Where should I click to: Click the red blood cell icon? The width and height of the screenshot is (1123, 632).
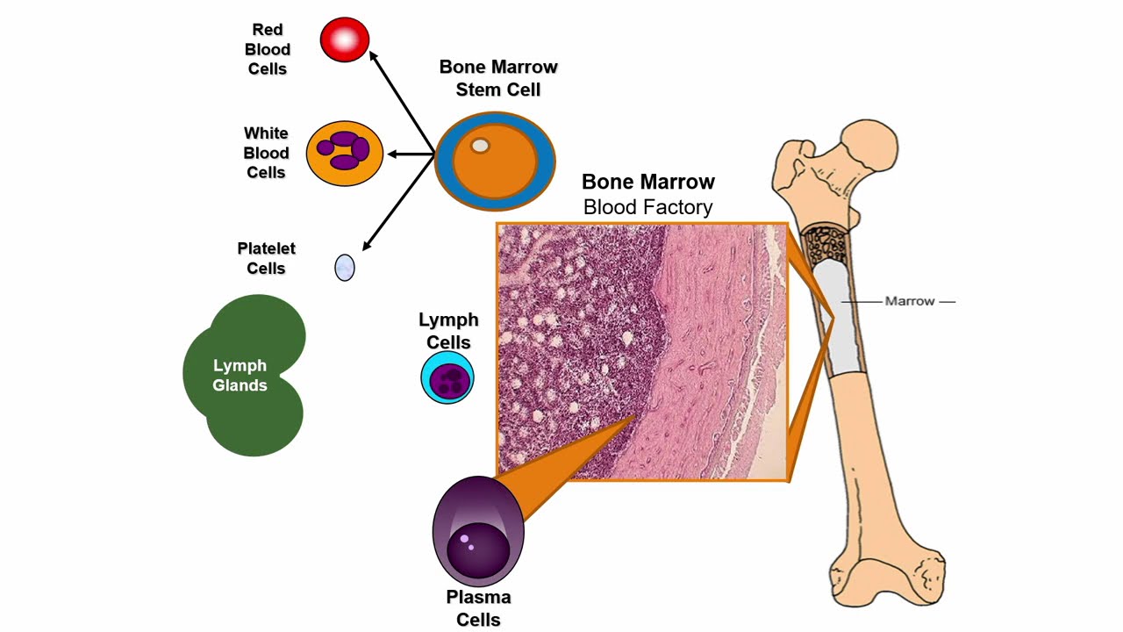pos(345,40)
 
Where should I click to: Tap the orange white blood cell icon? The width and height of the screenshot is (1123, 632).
pos(345,154)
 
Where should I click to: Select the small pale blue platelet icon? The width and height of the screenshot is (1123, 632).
pos(345,267)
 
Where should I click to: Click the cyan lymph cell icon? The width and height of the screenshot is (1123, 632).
pos(447,377)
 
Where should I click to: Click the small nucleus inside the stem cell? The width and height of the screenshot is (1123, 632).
pos(480,146)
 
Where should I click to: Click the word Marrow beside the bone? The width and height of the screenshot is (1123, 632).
pos(910,301)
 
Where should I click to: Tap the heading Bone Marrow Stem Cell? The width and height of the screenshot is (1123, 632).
pos(498,78)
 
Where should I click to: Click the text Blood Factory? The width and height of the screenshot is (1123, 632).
pos(647,207)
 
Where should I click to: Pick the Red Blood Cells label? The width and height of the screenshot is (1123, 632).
pos(268,49)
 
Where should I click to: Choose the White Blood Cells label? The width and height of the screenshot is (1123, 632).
pos(266,153)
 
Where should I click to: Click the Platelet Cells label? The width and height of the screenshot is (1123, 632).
pos(266,259)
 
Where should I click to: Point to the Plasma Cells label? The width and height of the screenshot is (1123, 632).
pos(478,608)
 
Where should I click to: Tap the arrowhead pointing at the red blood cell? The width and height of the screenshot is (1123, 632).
pos(374,56)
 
